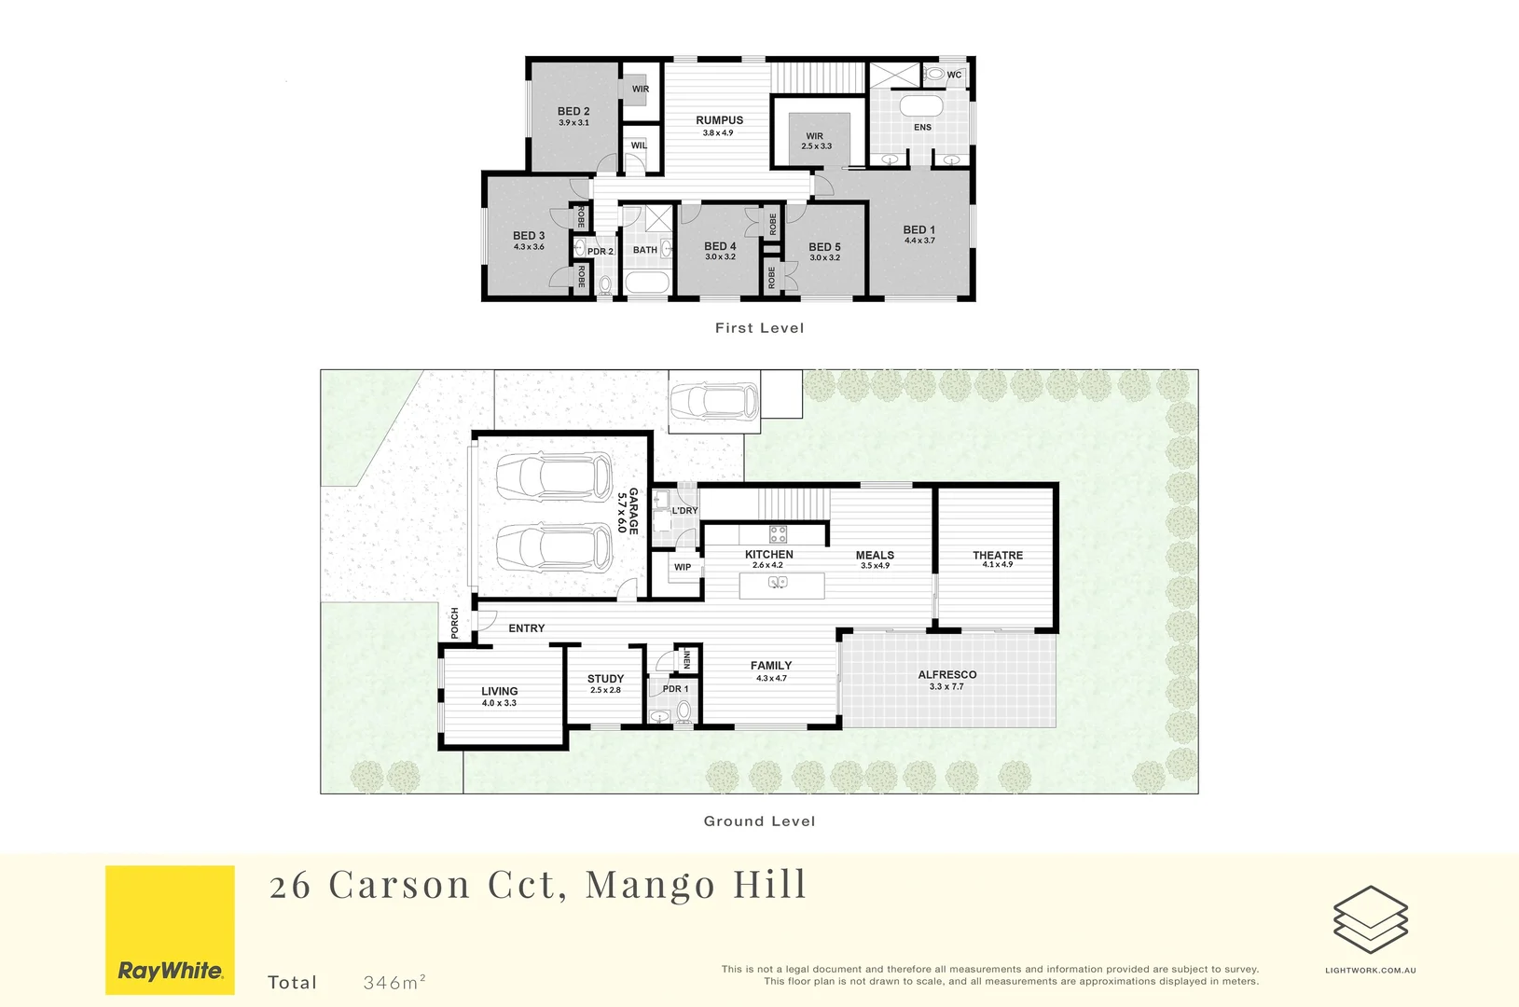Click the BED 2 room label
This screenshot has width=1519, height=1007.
(x=573, y=111)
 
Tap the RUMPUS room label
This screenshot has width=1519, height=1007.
(x=719, y=120)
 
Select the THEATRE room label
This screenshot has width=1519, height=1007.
(x=997, y=555)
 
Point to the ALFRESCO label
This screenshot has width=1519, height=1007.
(x=946, y=674)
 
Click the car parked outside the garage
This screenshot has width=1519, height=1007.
(x=714, y=401)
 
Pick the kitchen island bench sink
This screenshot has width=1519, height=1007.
(x=777, y=582)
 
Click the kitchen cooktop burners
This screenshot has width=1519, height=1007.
(x=778, y=534)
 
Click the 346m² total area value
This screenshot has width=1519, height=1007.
(x=394, y=982)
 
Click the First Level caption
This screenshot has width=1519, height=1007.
(x=759, y=328)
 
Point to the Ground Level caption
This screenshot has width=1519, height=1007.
(x=759, y=821)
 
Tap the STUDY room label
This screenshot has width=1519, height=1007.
(x=605, y=679)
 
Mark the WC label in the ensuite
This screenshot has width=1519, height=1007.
(x=954, y=76)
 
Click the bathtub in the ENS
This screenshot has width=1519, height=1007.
(x=921, y=104)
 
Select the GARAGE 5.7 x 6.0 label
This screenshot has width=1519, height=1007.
(x=628, y=511)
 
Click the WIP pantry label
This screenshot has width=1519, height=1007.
(x=683, y=567)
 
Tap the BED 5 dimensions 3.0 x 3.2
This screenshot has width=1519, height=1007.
(x=824, y=258)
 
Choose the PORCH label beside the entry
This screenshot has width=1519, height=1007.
(x=455, y=623)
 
